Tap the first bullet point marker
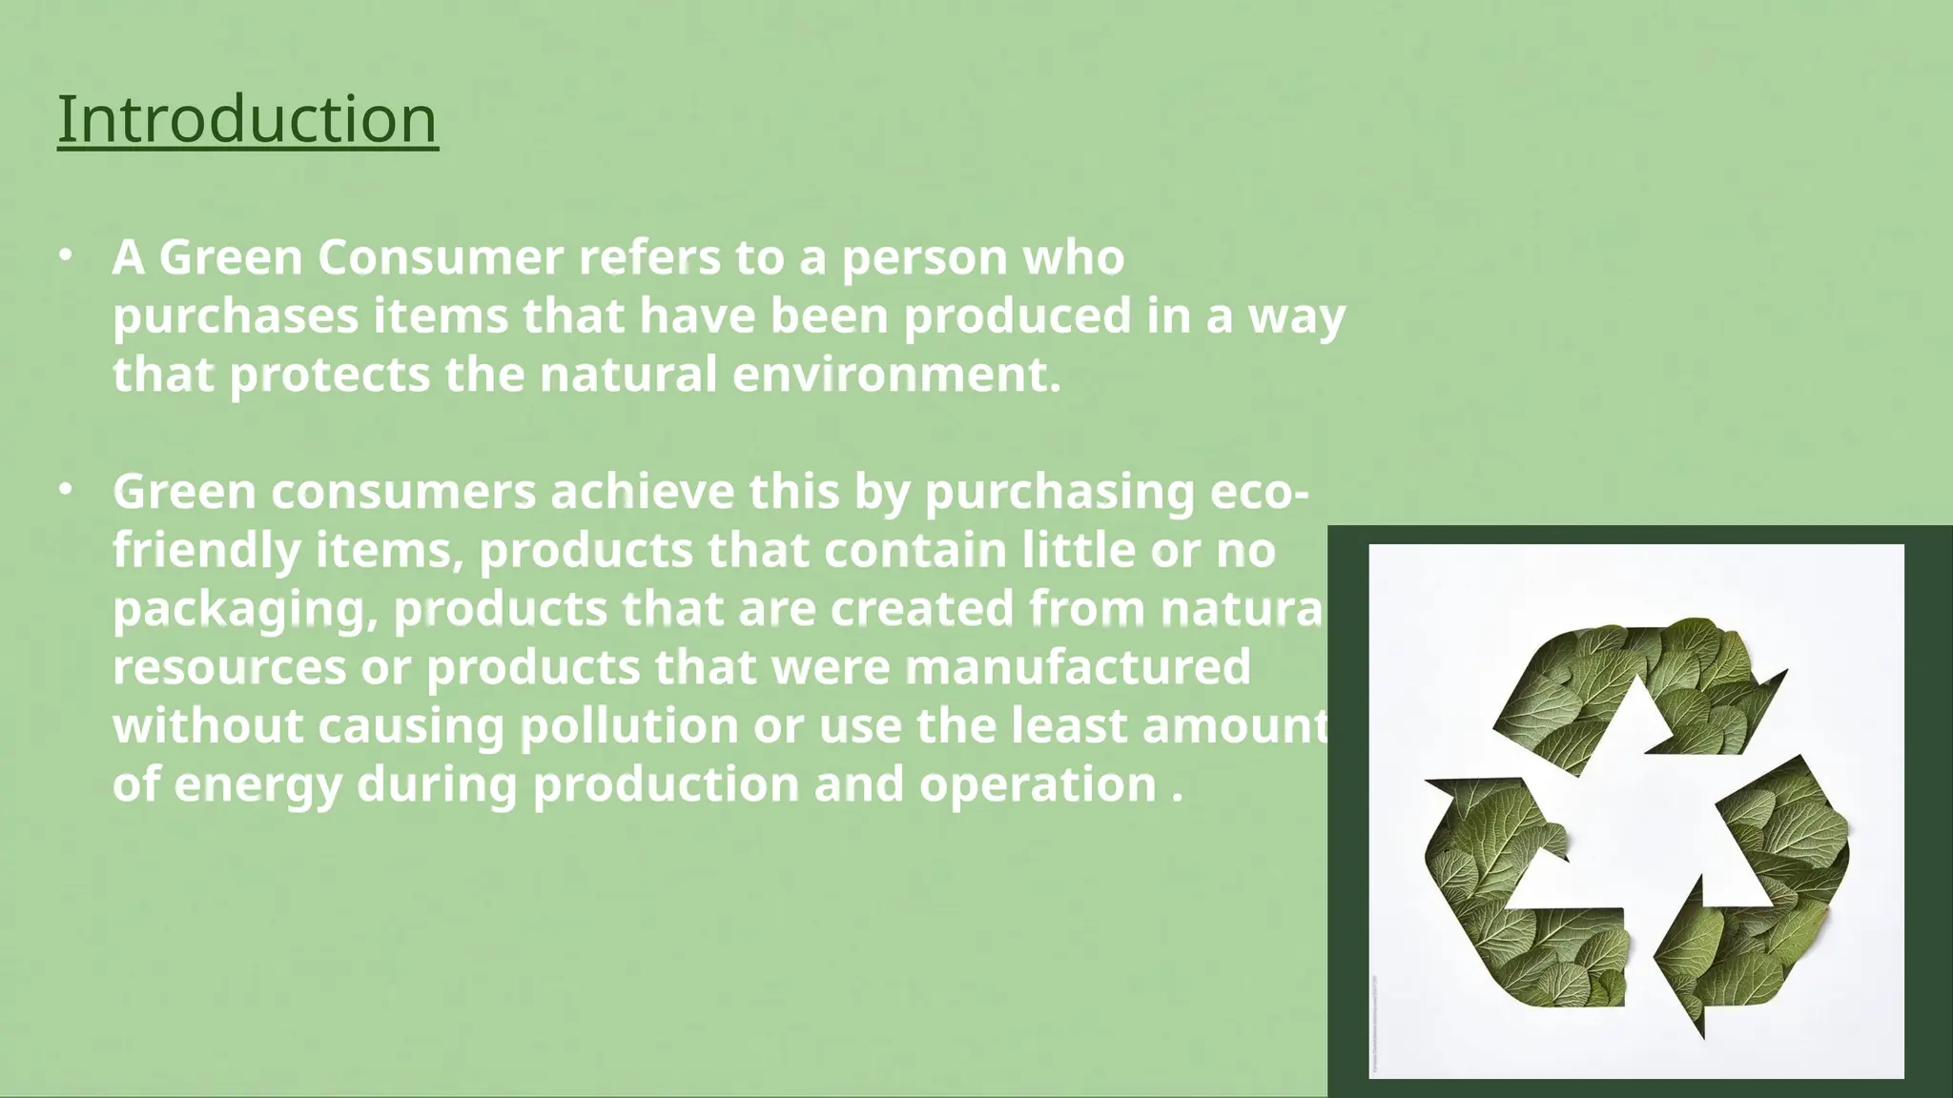pyautogui.click(x=65, y=255)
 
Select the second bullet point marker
pyautogui.click(x=65, y=490)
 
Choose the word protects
pyautogui.click(x=330, y=375)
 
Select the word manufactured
pyautogui.click(x=1078, y=667)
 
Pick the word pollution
pyautogui.click(x=629, y=726)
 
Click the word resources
pyautogui.click(x=230, y=667)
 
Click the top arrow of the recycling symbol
pyautogui.click(x=1631, y=686)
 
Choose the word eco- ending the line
pyautogui.click(x=1259, y=493)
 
